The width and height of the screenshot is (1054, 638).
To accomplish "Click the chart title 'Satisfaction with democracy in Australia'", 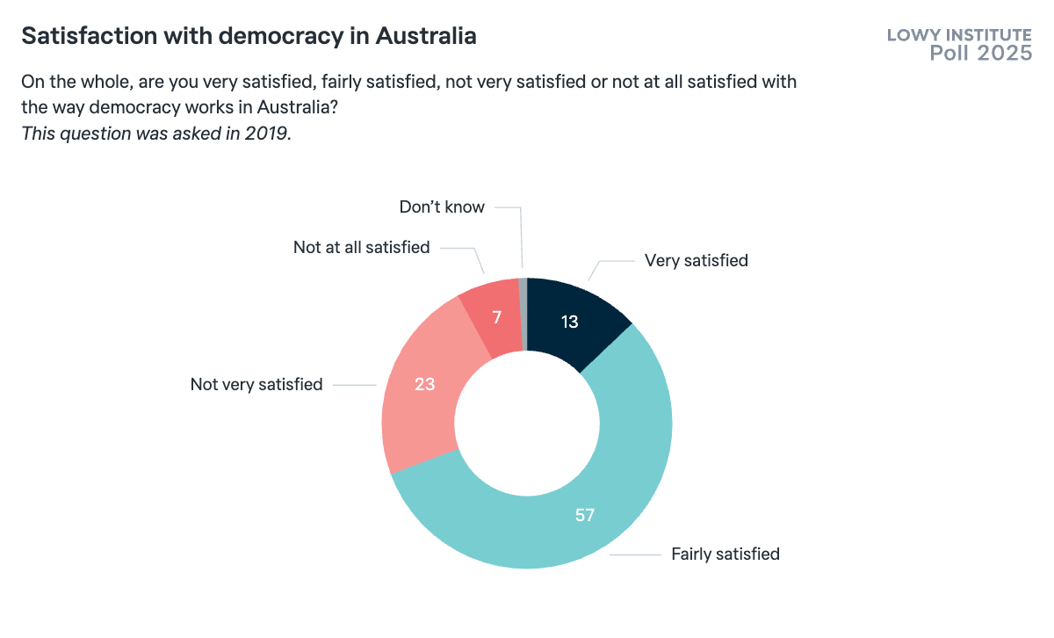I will [249, 36].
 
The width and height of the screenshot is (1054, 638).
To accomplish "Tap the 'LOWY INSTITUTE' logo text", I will [959, 35].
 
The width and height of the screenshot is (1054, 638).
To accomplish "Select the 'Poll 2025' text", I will [981, 54].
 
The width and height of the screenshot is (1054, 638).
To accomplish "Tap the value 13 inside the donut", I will [569, 322].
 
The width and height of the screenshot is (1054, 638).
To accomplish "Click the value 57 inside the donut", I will [585, 515].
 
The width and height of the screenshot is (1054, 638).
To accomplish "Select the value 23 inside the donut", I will [425, 384].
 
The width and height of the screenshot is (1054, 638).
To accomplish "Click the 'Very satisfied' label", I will [696, 260].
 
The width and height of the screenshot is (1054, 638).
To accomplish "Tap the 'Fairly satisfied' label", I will [726, 554].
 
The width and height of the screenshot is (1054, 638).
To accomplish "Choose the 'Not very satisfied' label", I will [256, 384].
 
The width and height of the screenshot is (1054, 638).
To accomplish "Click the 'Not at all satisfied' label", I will [361, 247].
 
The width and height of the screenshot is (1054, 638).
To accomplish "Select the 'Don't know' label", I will [442, 207].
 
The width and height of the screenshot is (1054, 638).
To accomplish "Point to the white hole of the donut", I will [527, 423].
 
